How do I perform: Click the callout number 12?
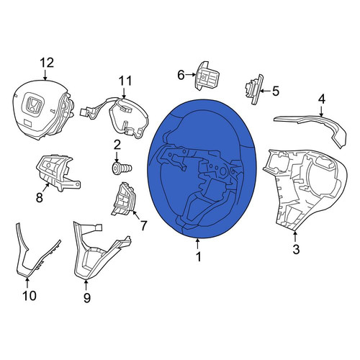pyautogui.click(x=47, y=63)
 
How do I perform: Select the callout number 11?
pyautogui.click(x=125, y=81)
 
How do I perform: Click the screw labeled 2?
pyautogui.click(x=122, y=168)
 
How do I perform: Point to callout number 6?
pyautogui.click(x=181, y=75)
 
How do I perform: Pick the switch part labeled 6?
pyautogui.click(x=206, y=76)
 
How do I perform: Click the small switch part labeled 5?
pyautogui.click(x=253, y=89)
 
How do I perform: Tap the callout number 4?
pyautogui.click(x=321, y=99)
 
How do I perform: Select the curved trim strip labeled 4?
pyautogui.click(x=312, y=130)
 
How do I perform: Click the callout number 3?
pyautogui.click(x=296, y=249)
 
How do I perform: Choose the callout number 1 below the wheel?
pyautogui.click(x=199, y=257)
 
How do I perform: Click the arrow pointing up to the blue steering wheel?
pyautogui.click(x=197, y=244)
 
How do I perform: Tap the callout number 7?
pyautogui.click(x=143, y=225)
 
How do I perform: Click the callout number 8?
pyautogui.click(x=39, y=198)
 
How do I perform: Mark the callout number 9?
pyautogui.click(x=87, y=297)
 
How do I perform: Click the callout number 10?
pyautogui.click(x=30, y=295)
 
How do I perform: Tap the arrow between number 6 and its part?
pyautogui.click(x=190, y=75)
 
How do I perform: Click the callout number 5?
pyautogui.click(x=276, y=91)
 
